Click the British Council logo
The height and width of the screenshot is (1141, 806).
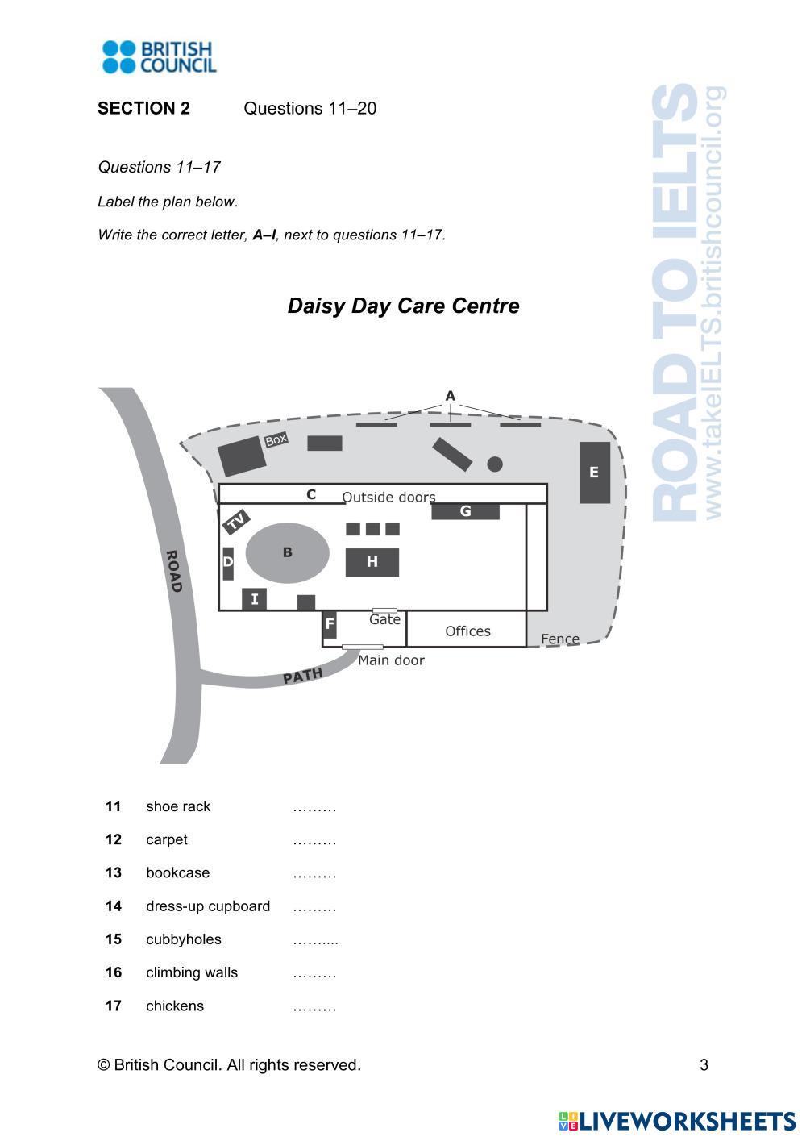pos(159,57)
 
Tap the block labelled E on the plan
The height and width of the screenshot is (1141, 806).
pos(595,473)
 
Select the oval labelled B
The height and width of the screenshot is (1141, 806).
pos(287,553)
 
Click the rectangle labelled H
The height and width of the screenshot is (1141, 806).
pos(372,562)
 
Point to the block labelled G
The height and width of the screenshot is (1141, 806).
pos(465,511)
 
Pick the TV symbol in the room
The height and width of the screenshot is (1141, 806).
pos(236,522)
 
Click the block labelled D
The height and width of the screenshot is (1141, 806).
pos(228,563)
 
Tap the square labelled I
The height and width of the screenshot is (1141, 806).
pos(254,599)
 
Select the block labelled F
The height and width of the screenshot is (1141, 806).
pos(329,624)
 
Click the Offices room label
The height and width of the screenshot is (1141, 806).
pos(467,631)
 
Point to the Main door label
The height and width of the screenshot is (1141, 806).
pos(391,660)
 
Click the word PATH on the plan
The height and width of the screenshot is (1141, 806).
pos(303,676)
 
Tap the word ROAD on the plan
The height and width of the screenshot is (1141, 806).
pos(173,571)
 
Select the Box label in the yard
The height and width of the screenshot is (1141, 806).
pos(276,440)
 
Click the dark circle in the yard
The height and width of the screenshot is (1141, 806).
pos(495,464)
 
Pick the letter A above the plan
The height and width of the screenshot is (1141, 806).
pos(450,396)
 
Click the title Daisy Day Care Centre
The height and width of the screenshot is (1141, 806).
pos(403,306)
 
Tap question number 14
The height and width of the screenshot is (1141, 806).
pos(114,906)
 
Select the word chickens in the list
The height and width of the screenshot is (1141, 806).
pos(175,1006)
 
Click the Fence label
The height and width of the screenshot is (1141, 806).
pos(559,639)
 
